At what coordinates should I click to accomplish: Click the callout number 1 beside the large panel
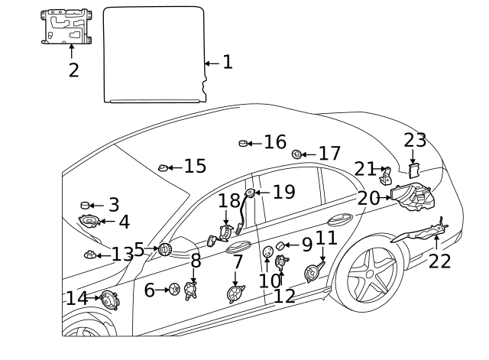[227, 62]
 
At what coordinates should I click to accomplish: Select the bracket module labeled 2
[65, 28]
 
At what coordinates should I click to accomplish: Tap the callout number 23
[415, 141]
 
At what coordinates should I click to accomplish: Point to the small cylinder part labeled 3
[86, 206]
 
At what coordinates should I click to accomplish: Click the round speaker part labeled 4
[89, 222]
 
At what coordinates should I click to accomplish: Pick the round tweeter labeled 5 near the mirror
[164, 249]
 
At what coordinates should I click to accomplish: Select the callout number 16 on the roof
[275, 142]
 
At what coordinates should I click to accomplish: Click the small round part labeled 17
[296, 154]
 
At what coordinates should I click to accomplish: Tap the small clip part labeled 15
[163, 167]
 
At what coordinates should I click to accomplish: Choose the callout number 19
[283, 192]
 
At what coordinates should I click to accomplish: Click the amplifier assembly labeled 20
[411, 199]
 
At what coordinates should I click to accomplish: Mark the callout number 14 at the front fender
[76, 298]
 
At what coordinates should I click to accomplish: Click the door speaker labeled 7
[235, 294]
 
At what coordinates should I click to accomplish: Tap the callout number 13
[122, 255]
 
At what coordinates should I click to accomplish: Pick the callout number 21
[364, 169]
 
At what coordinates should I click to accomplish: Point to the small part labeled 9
[281, 245]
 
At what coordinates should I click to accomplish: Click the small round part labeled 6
[174, 290]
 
